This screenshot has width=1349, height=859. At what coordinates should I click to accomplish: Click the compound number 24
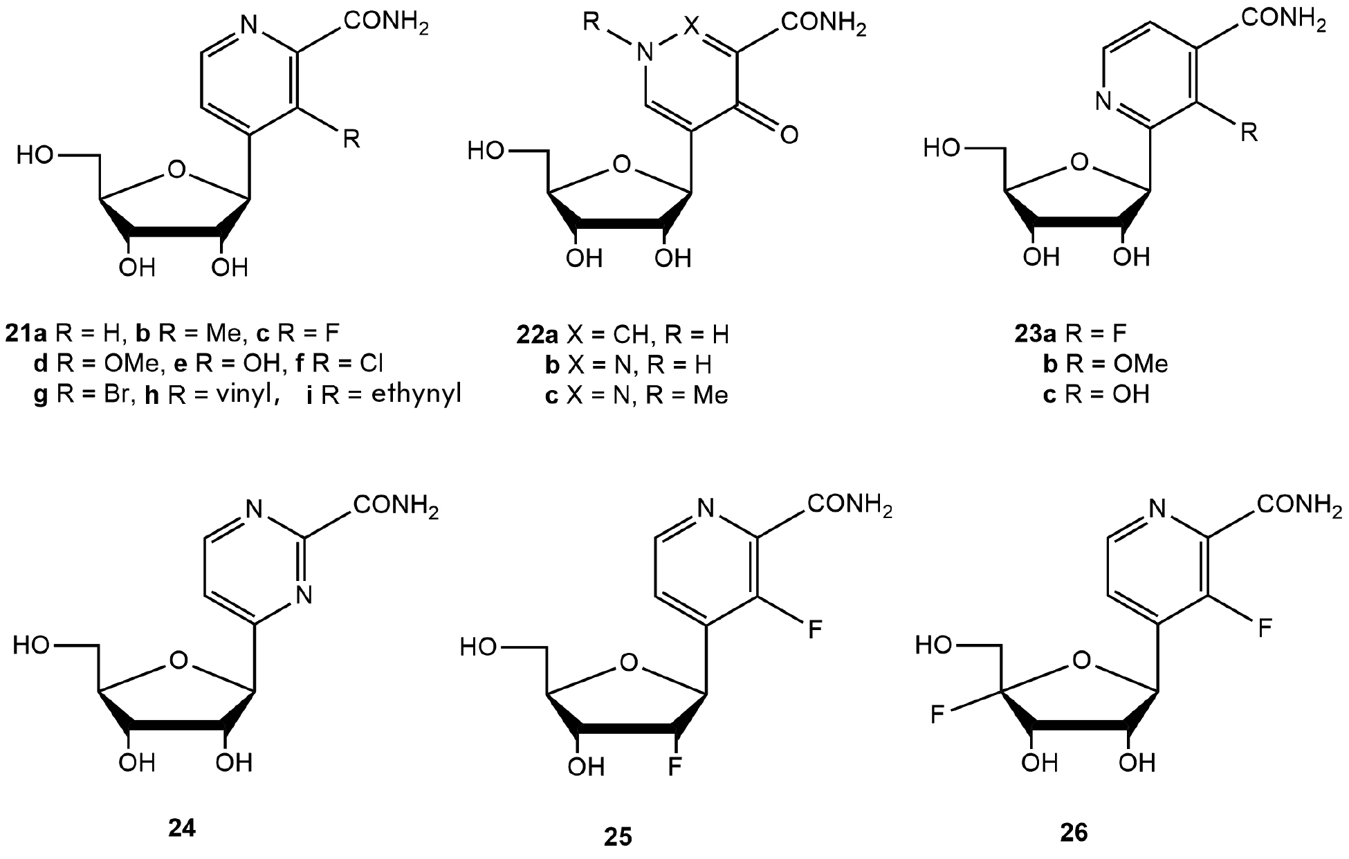[182, 827]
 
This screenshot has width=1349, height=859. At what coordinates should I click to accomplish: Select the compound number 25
[618, 837]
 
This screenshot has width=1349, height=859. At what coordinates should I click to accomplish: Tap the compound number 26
[1074, 833]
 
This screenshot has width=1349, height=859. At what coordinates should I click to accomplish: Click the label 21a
[26, 335]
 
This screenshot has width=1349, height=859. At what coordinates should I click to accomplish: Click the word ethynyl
[416, 396]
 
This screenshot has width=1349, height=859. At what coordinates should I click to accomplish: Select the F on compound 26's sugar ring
[937, 714]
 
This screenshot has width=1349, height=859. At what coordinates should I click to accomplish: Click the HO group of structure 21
[35, 156]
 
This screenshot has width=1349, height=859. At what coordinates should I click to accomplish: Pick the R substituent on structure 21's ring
[351, 139]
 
